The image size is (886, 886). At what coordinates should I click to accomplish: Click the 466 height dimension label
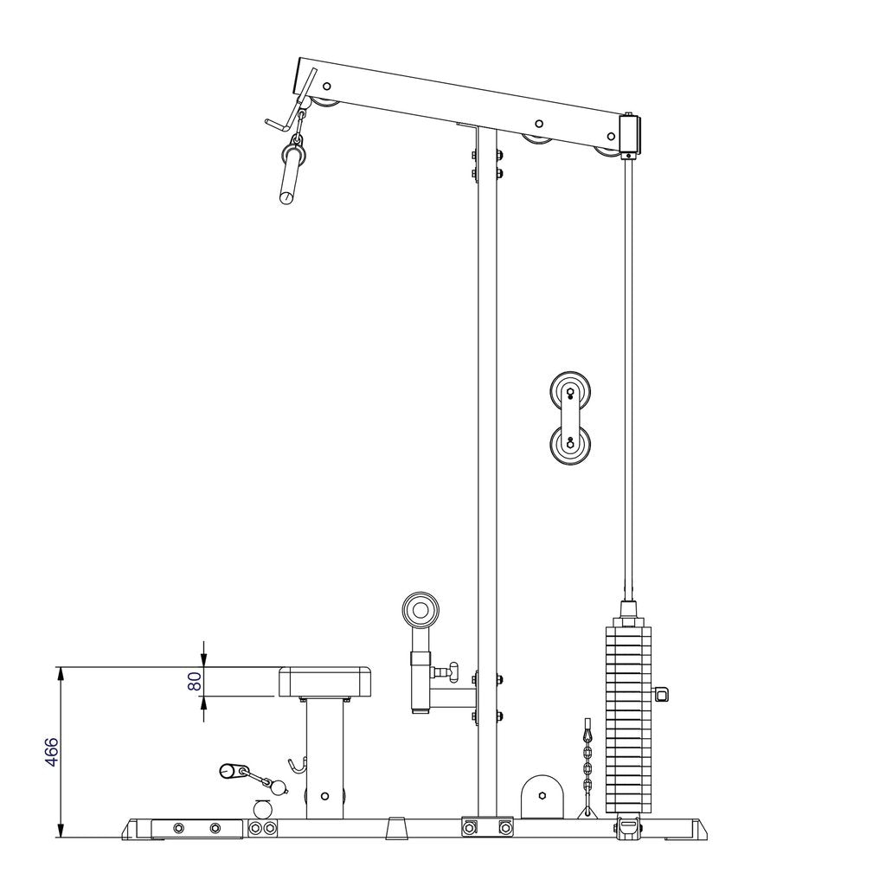tap(51, 752)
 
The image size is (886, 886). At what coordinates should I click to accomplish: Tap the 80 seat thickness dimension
tap(196, 682)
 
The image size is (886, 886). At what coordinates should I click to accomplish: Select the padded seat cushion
tap(325, 682)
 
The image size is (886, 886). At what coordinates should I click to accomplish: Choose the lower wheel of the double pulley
tap(570, 446)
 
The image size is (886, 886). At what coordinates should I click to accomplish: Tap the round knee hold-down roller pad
tap(421, 611)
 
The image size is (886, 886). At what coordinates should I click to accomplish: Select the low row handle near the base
tap(234, 770)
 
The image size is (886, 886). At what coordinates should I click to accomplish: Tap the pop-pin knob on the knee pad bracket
tap(446, 671)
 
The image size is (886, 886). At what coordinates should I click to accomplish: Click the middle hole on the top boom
tap(538, 125)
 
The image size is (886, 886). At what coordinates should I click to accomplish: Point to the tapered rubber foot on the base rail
tap(397, 827)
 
